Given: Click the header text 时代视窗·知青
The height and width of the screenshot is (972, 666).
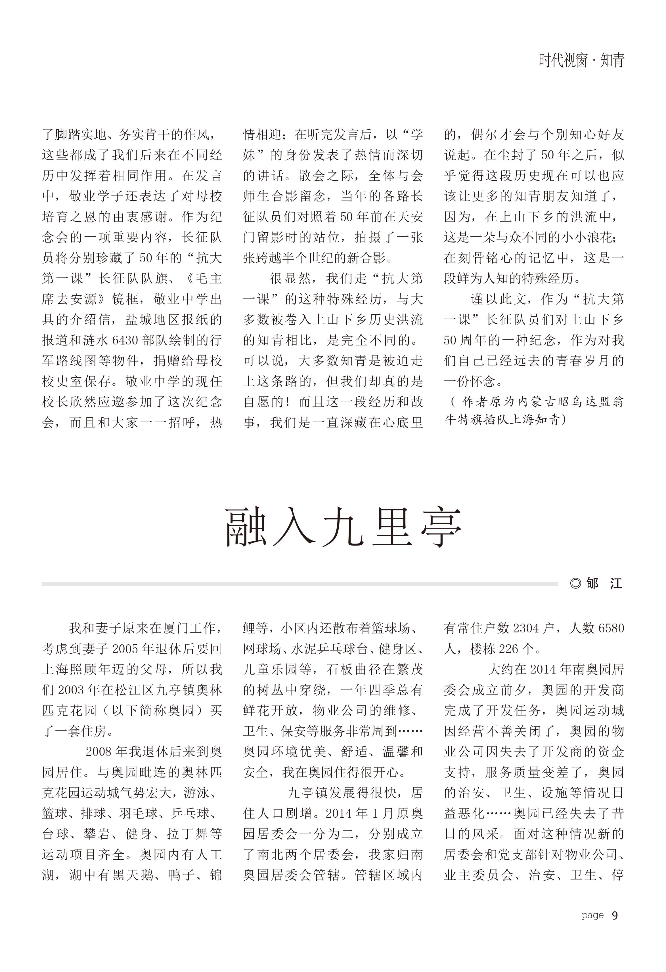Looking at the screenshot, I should (x=581, y=61).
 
